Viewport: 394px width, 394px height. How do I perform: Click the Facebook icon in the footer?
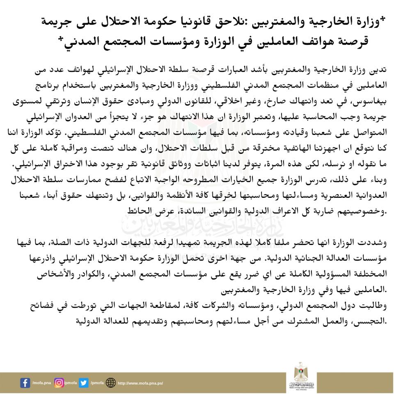tap(25, 383)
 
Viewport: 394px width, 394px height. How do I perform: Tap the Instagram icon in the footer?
tap(60, 383)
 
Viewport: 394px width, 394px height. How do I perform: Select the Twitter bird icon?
tap(84, 383)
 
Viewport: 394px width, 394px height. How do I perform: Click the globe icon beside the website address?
tap(110, 383)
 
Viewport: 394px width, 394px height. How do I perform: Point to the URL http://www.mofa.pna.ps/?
tap(140, 383)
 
